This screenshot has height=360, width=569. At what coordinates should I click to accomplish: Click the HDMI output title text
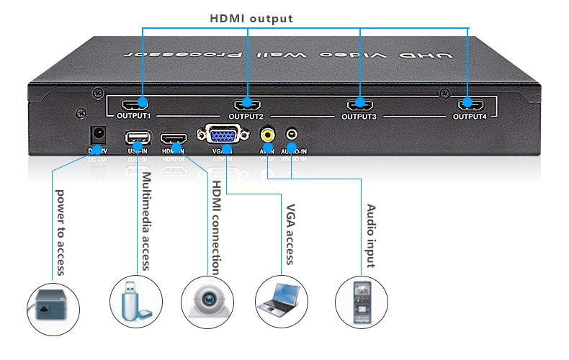point(251,17)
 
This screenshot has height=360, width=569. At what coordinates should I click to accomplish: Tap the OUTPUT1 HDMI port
point(133,105)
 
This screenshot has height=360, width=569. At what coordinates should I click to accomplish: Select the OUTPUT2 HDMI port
point(246,105)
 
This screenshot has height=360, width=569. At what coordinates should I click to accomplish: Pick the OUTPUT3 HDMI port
point(359,105)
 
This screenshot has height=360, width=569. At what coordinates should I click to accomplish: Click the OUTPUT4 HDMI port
point(469,105)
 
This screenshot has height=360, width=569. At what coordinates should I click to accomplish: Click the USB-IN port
point(137,137)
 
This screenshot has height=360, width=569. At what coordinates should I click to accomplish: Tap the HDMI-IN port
point(173,137)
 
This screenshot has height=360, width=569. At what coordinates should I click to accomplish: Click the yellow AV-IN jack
point(268,135)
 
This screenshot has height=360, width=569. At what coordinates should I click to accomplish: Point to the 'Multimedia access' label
point(146,220)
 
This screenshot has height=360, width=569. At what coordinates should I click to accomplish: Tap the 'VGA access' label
point(291,235)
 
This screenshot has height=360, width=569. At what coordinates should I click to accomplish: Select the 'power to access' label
point(61,232)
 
